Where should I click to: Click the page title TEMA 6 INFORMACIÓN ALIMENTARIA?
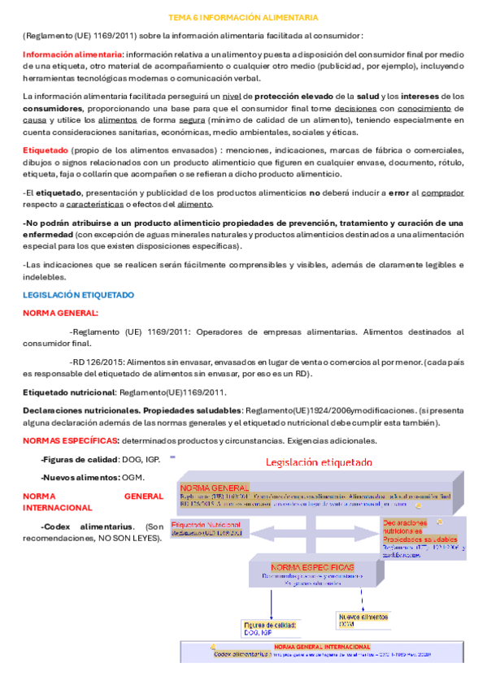pos(243,17)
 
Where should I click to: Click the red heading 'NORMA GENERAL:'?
pos(60,313)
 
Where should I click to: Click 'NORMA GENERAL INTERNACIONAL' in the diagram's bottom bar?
pos(312,645)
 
